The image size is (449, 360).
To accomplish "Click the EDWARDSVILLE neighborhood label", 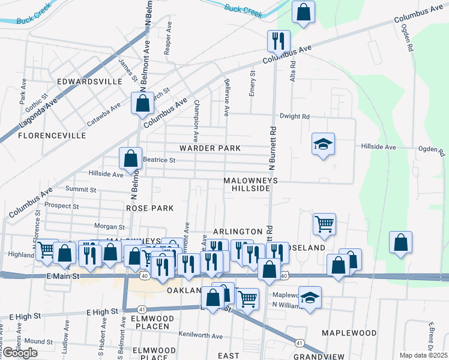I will (89, 81).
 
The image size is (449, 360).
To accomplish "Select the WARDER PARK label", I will (210, 148).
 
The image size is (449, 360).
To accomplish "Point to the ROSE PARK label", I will (150, 208).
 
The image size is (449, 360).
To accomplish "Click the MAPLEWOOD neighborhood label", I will (349, 332).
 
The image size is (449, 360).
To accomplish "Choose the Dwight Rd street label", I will (295, 116).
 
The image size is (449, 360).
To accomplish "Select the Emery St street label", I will (252, 83).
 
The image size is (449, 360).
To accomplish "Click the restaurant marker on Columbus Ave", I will (279, 41).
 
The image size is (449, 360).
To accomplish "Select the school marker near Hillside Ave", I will (323, 144).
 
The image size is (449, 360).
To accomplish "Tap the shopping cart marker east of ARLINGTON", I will (324, 224).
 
